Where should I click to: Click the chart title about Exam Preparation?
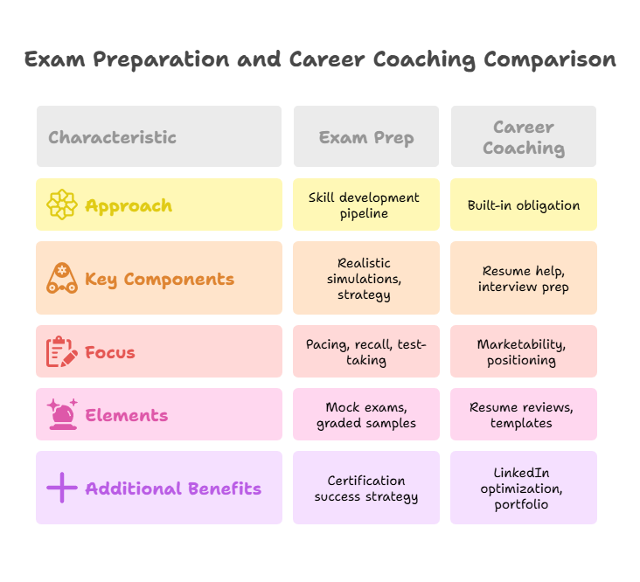click(x=320, y=60)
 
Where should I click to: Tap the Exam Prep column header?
click(x=366, y=137)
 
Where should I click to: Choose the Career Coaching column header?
click(x=523, y=137)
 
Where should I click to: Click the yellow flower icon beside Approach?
click(x=62, y=205)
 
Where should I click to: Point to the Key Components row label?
click(x=159, y=280)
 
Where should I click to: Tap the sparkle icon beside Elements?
click(x=62, y=415)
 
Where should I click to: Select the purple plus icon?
click(x=62, y=488)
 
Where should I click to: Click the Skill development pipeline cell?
click(x=366, y=205)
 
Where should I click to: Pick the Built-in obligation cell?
click(x=523, y=205)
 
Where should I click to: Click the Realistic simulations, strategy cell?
click(x=366, y=279)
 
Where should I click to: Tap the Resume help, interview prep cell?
click(x=523, y=279)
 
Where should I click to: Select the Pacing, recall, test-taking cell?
click(x=366, y=352)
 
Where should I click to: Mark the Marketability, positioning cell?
click(x=523, y=352)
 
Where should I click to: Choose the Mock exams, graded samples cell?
click(x=366, y=415)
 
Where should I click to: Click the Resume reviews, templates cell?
click(x=523, y=415)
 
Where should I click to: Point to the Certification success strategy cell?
click(x=366, y=488)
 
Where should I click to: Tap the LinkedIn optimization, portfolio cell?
click(x=523, y=488)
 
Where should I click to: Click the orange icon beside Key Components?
click(x=62, y=279)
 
